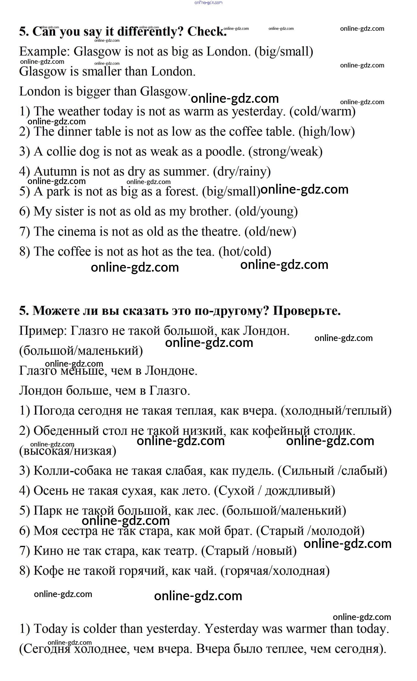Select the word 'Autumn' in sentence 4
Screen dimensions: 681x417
click(55, 172)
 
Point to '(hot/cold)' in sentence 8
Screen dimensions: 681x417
click(245, 251)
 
